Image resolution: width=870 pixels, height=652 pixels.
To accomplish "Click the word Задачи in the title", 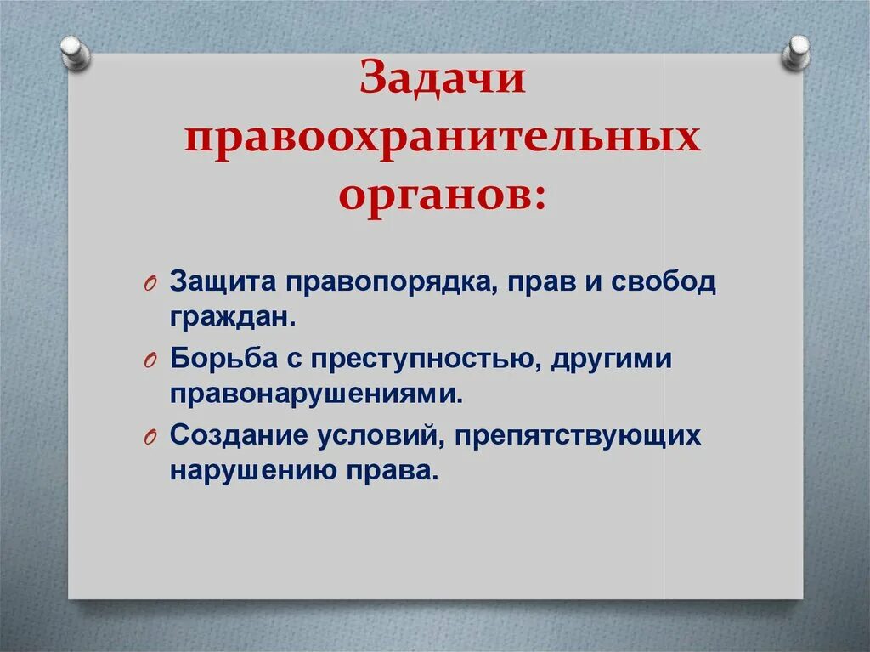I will pyautogui.click(x=443, y=82).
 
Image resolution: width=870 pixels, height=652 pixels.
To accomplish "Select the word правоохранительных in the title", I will pyautogui.click(x=443, y=139).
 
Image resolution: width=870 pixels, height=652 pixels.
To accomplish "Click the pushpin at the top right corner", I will pyautogui.click(x=796, y=52).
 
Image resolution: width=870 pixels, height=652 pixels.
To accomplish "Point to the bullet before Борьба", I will pyautogui.click(x=149, y=360).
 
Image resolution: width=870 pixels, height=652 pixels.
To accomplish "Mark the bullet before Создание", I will pyautogui.click(x=149, y=437).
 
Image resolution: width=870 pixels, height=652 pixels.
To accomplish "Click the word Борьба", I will pyautogui.click(x=222, y=359).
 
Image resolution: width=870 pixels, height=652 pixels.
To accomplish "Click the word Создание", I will pyautogui.click(x=237, y=435).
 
